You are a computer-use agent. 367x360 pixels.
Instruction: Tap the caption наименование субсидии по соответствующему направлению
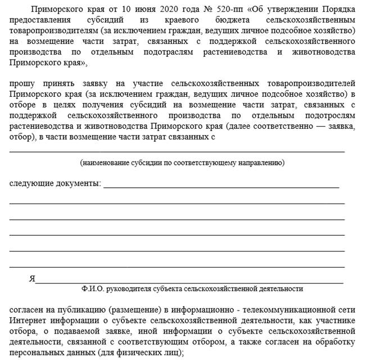182,163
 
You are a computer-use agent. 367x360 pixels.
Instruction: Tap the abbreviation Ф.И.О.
92,289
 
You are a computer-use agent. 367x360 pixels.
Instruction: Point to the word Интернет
26,321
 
